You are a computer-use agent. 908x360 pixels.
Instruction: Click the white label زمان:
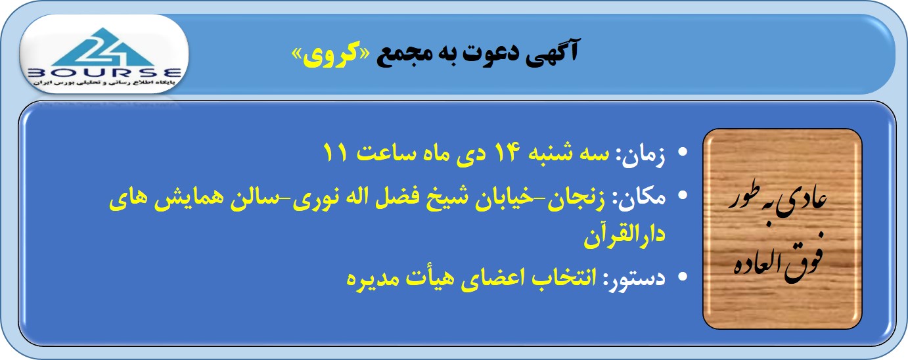641,156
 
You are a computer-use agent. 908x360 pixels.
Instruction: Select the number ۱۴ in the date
505,152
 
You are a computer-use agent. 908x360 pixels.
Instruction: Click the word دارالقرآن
624,236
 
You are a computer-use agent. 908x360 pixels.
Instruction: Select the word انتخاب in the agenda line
564,278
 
